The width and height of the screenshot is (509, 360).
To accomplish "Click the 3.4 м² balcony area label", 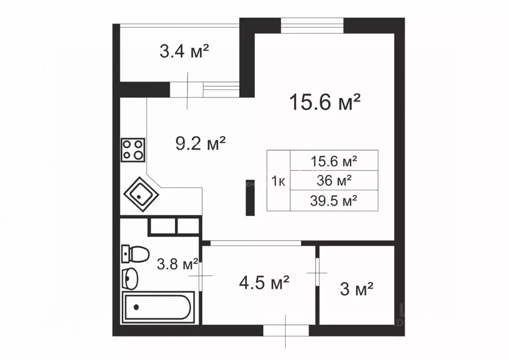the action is [x=184, y=51].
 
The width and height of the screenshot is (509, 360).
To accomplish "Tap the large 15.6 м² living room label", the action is [x=325, y=101].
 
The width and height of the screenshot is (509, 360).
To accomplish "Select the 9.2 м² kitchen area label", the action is [x=200, y=143].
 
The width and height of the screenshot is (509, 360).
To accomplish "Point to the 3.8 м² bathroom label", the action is [x=177, y=264].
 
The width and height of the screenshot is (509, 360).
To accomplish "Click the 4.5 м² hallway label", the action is [x=264, y=282].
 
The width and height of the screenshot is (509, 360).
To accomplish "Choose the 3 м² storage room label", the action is [x=356, y=288].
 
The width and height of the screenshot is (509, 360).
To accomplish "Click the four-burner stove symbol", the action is [x=133, y=150].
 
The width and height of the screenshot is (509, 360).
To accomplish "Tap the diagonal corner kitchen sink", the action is [x=141, y=194].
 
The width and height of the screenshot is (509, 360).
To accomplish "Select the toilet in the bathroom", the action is [x=135, y=254].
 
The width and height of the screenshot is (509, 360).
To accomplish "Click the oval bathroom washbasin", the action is [x=130, y=278].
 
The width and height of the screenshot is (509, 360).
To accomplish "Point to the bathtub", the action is [x=158, y=307].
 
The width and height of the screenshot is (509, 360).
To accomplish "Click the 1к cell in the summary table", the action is [x=278, y=181].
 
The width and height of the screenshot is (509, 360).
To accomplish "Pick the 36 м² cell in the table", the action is [x=334, y=180].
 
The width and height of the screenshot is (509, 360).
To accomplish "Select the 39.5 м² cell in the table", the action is [x=334, y=200].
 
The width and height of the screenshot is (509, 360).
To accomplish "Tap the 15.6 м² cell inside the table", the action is [x=334, y=161].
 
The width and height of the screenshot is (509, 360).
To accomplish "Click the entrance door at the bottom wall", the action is [x=286, y=331].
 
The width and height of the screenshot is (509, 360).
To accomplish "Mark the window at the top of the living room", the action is [x=312, y=26].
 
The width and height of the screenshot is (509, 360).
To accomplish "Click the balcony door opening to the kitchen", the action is [x=187, y=90].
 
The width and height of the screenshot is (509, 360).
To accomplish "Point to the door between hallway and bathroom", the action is [x=200, y=275].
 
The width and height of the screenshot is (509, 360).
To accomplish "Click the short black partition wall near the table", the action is [x=250, y=198].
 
